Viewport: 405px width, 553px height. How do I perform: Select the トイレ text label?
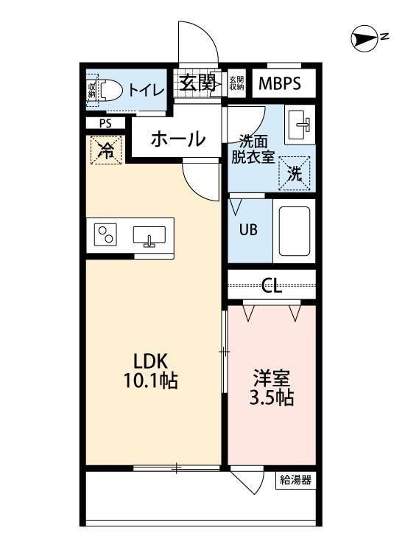[146, 90]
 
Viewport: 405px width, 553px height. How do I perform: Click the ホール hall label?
[177, 138]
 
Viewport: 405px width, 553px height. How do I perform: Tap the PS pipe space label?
[106, 124]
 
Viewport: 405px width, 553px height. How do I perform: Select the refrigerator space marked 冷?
[107, 151]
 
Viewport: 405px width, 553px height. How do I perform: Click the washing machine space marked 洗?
[294, 174]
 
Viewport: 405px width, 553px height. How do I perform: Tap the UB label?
[247, 228]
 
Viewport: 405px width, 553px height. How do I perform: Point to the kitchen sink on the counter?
[149, 236]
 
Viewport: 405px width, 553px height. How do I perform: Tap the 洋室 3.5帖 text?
[272, 388]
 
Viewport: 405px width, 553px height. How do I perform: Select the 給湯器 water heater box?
[296, 481]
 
